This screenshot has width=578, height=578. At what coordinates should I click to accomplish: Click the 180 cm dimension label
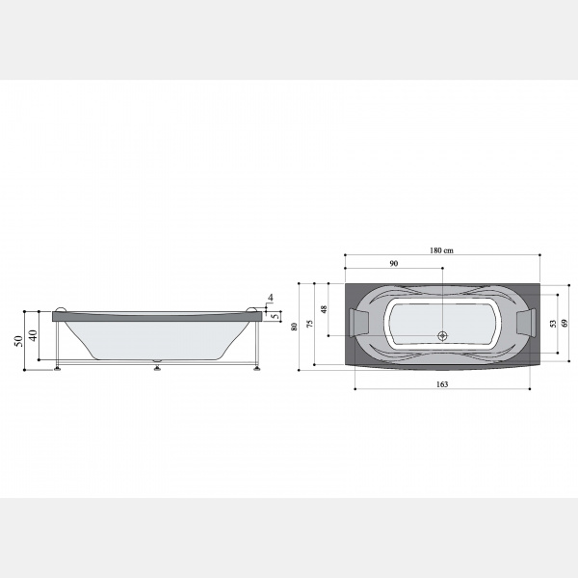click(x=441, y=250)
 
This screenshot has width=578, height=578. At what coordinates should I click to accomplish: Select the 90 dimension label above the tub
click(x=394, y=264)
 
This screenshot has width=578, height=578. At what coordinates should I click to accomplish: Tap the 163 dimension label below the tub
click(x=442, y=384)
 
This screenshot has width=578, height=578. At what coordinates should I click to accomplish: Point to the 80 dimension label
click(x=294, y=327)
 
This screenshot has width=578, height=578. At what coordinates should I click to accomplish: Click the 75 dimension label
click(x=310, y=324)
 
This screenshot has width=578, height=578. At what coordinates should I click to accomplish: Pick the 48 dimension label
click(x=324, y=309)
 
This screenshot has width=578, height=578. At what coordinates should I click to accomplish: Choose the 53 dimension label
click(x=553, y=324)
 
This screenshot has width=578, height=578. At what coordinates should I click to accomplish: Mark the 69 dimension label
click(x=565, y=324)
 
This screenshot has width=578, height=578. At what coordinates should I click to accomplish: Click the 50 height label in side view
click(x=19, y=341)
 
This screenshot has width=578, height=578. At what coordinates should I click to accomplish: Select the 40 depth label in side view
click(x=34, y=335)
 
